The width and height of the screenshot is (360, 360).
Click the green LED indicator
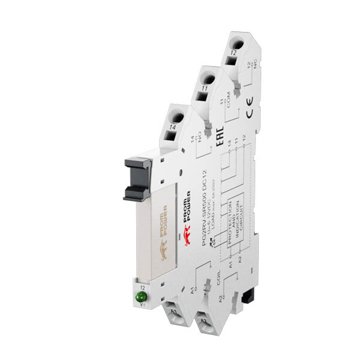[x=141, y=297]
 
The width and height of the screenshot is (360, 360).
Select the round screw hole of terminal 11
[x=208, y=79]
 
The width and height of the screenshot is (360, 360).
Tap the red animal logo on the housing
[x=187, y=235]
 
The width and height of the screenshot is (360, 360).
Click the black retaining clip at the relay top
[x=138, y=179]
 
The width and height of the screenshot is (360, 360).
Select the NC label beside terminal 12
[x=255, y=65]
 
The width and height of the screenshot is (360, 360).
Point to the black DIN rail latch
[x=247, y=296]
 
